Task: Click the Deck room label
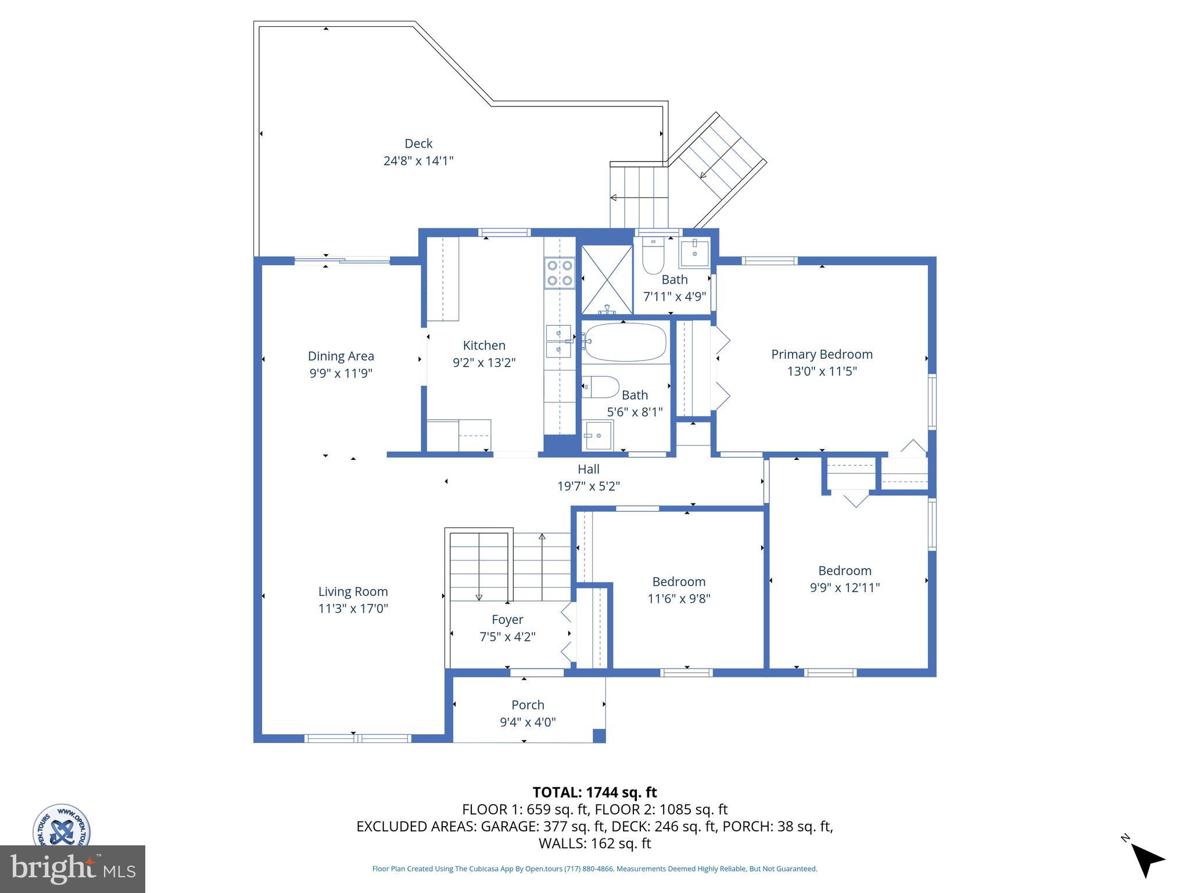click(x=418, y=144)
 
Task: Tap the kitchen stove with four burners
click(x=559, y=273)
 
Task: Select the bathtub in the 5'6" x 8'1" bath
click(x=625, y=342)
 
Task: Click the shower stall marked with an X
click(x=607, y=280)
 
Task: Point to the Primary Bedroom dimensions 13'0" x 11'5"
click(x=822, y=371)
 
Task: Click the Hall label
click(x=588, y=469)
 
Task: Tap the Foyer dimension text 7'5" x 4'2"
click(x=507, y=637)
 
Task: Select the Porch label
click(x=528, y=705)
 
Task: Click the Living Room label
click(x=353, y=592)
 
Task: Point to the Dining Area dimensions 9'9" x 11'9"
click(x=340, y=373)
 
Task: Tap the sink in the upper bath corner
click(x=694, y=252)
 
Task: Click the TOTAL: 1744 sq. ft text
click(x=594, y=792)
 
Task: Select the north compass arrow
click(x=1146, y=860)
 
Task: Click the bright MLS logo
click(x=73, y=869)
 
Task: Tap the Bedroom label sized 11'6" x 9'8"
click(x=679, y=582)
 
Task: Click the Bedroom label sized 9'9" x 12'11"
click(x=844, y=571)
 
